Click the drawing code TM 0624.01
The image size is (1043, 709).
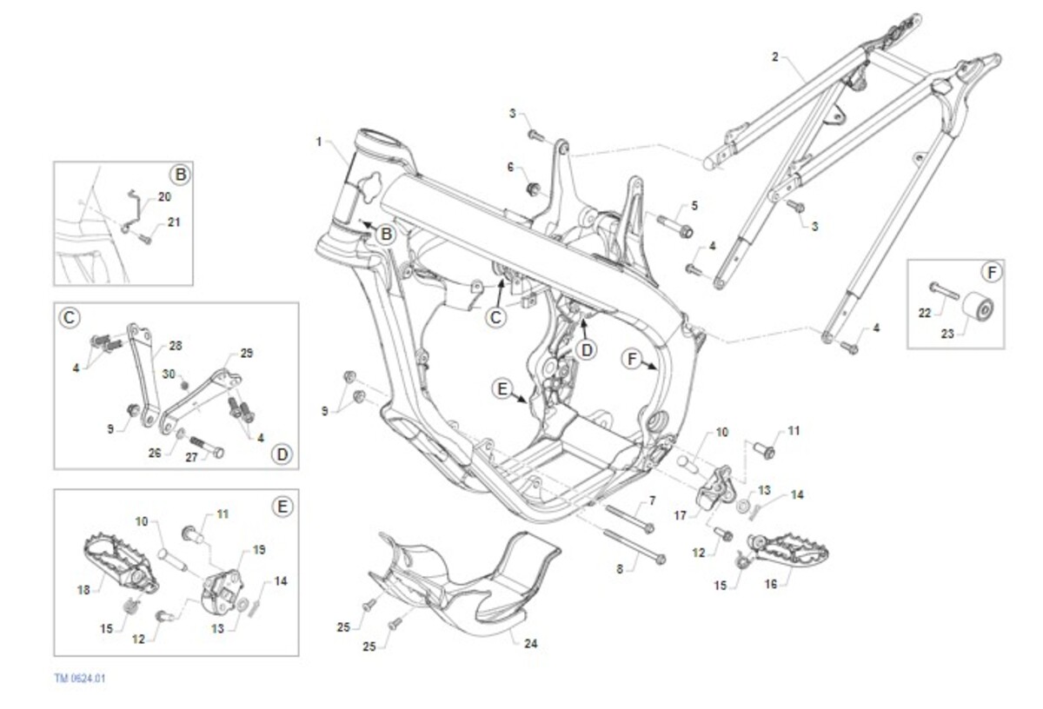pos(79,678)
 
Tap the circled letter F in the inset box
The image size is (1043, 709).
pos(991,272)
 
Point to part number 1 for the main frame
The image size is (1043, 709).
pos(319,141)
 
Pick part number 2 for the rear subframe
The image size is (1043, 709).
pos(774,57)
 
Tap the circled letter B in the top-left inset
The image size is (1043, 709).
pos(180,175)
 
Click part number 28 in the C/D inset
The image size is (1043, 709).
pos(176,346)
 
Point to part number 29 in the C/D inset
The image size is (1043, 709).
pos(246,354)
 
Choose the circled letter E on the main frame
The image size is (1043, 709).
pos(502,389)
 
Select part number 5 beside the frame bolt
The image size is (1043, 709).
pos(694,206)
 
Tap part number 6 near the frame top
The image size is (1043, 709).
pos(511,166)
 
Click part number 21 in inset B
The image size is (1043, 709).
pos(174,222)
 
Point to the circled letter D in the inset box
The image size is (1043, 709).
pos(281,453)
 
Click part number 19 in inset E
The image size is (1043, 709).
pos(259,549)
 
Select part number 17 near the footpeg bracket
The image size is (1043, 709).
pos(680,515)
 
